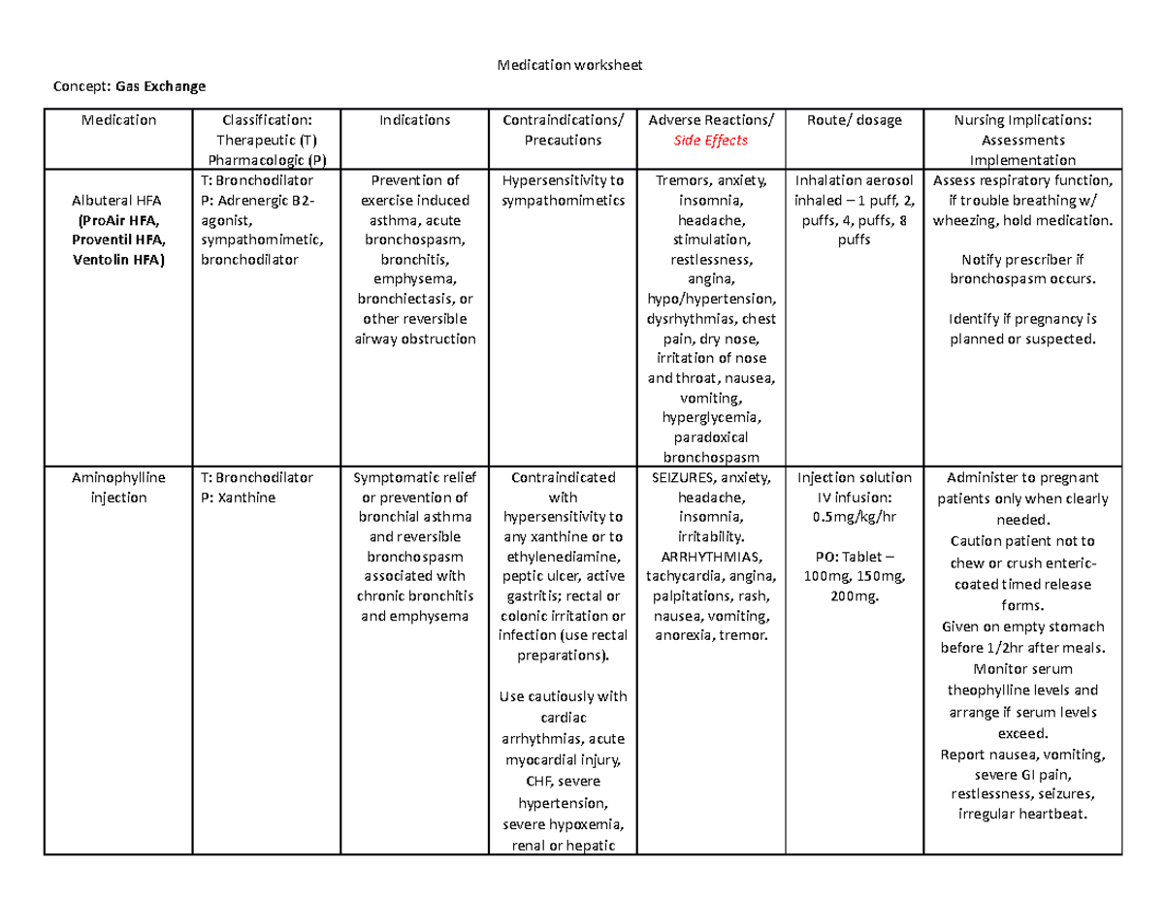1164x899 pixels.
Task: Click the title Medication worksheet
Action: (569, 65)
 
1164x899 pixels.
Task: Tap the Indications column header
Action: (414, 120)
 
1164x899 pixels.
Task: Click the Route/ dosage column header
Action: (854, 120)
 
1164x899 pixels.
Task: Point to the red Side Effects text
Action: (711, 141)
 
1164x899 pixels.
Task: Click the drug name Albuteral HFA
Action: (119, 200)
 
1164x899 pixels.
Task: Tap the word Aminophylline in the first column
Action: (119, 478)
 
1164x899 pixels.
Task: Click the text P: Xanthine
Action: (239, 498)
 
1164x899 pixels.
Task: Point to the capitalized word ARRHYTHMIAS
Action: (711, 557)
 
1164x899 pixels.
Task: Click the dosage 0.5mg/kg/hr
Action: (854, 517)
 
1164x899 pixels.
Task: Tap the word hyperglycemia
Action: (711, 418)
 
